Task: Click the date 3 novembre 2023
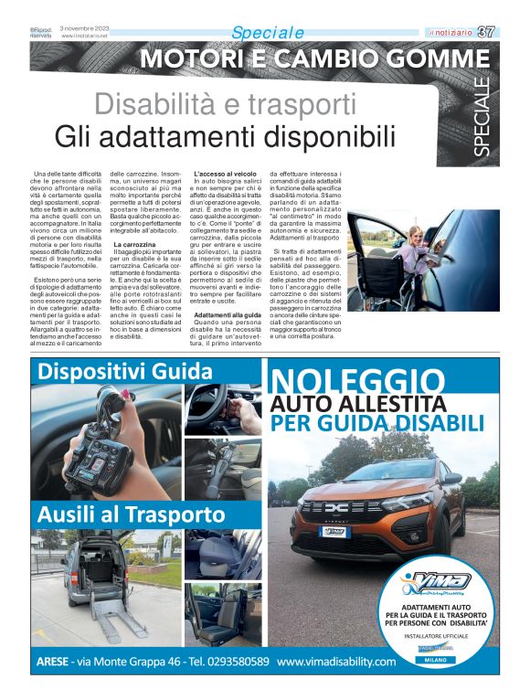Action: (x=85, y=28)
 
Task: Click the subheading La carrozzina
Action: (x=134, y=245)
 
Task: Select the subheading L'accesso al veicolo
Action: (x=226, y=173)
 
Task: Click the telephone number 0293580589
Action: (x=225, y=661)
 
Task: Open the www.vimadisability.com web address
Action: (x=337, y=661)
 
